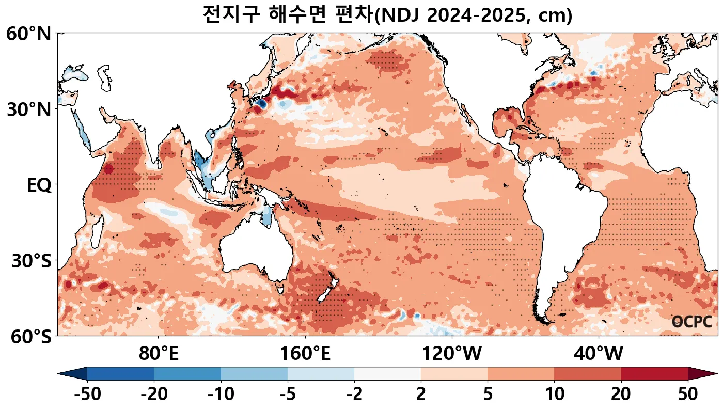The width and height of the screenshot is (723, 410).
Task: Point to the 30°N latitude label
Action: click(28, 109)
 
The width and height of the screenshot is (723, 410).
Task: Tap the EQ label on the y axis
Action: click(39, 185)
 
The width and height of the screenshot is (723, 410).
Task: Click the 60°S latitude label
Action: click(28, 337)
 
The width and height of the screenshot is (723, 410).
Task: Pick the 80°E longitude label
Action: click(159, 354)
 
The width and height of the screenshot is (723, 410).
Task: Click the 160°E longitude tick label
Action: click(305, 354)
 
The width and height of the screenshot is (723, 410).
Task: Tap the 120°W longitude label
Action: click(452, 354)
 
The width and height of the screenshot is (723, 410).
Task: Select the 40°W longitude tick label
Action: click(599, 354)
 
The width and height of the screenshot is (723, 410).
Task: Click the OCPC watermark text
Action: click(691, 322)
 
